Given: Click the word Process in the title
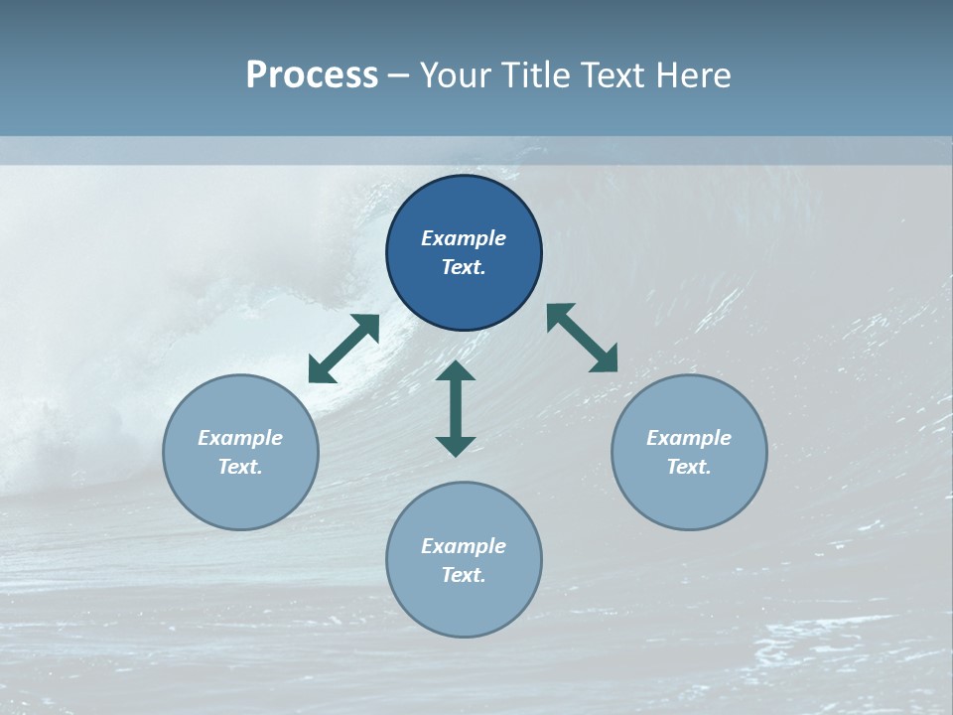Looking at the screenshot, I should pyautogui.click(x=312, y=75).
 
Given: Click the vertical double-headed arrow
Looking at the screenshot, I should pyautogui.click(x=456, y=408).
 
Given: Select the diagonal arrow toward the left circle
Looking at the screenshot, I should pyautogui.click(x=343, y=349).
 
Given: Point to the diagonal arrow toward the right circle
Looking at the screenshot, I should pyautogui.click(x=583, y=338).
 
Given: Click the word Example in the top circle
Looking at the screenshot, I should pyautogui.click(x=464, y=238).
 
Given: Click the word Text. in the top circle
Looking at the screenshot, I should pyautogui.click(x=464, y=268).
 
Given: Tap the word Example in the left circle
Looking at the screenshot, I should pyautogui.click(x=240, y=438).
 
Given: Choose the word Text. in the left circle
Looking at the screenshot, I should pyautogui.click(x=240, y=467).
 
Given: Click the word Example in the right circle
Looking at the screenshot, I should pyautogui.click(x=689, y=438).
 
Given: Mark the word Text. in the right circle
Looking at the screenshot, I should pyautogui.click(x=689, y=467).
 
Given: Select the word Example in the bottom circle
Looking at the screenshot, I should pyautogui.click(x=464, y=546).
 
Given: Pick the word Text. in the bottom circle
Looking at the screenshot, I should pyautogui.click(x=464, y=575).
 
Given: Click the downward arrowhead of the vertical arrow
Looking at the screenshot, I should pyautogui.click(x=456, y=446).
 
